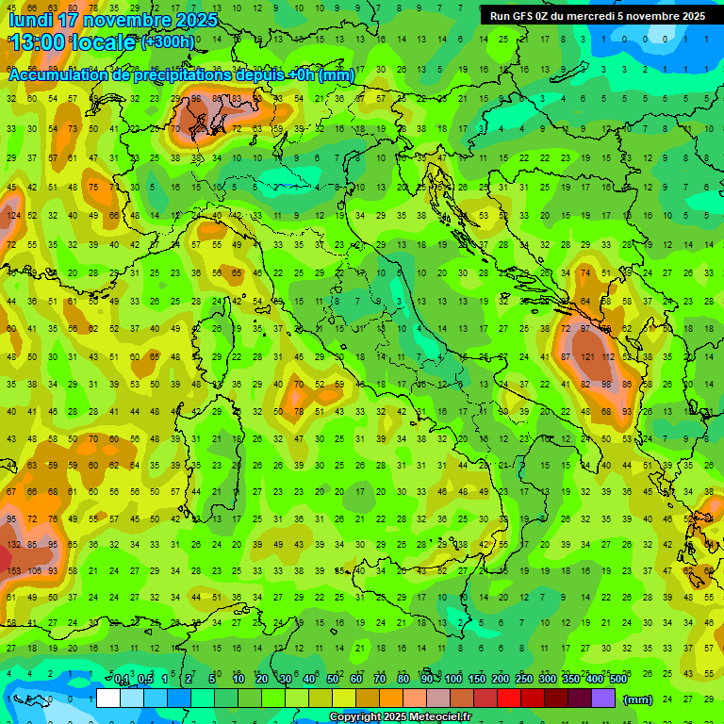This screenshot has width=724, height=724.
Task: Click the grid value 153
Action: [14, 570]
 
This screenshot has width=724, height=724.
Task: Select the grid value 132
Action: [14, 544]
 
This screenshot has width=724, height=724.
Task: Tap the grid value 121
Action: [588, 357]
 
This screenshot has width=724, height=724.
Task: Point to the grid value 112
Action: [609, 357]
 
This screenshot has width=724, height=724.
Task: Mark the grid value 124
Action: [13, 216]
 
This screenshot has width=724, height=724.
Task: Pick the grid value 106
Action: [34, 570]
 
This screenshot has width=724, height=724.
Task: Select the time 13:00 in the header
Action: [39, 42]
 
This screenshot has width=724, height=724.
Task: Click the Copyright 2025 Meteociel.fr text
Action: [400, 717]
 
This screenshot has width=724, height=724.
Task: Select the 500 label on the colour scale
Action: [618, 680]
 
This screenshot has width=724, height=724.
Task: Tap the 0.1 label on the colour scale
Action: [122, 680]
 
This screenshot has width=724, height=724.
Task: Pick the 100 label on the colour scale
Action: [453, 680]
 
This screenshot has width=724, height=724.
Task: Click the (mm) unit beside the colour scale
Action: [638, 699]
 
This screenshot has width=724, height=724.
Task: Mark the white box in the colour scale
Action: [108, 699]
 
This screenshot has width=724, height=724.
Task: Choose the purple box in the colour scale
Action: [603, 699]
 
